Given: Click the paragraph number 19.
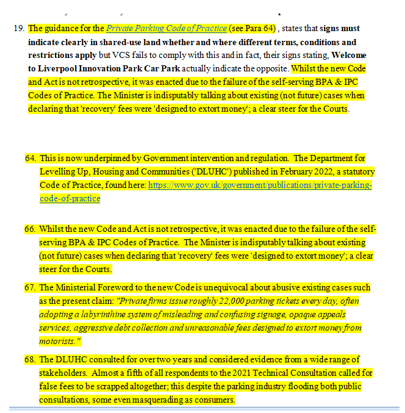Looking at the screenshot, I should (18, 29).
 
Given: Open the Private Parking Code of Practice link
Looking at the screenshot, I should (167, 29).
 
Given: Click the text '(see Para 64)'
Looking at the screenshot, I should (253, 29).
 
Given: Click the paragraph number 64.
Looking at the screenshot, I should (30, 157).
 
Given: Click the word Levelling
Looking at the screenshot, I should (59, 171).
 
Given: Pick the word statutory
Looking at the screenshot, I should (358, 171).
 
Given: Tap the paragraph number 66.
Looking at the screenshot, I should (30, 229).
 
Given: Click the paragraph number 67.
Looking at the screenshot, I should (30, 287).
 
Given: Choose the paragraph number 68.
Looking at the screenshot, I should (30, 359).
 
